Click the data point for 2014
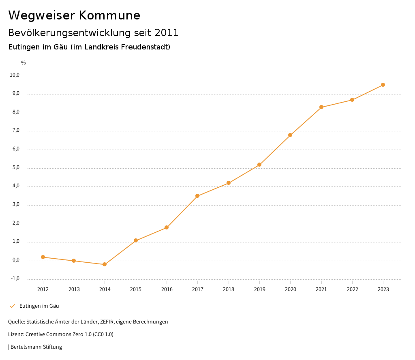(x=105, y=264)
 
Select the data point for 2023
(x=383, y=85)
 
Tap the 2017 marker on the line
(x=197, y=196)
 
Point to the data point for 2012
(x=43, y=257)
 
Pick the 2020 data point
(x=290, y=135)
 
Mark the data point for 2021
(x=321, y=107)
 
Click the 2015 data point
(x=136, y=240)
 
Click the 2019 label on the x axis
(x=259, y=289)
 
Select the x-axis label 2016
(x=167, y=289)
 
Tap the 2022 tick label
(x=352, y=289)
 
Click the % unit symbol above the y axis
(x=24, y=63)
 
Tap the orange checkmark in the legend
(x=12, y=306)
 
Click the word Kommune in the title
(x=109, y=15)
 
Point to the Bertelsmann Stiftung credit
(x=36, y=347)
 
